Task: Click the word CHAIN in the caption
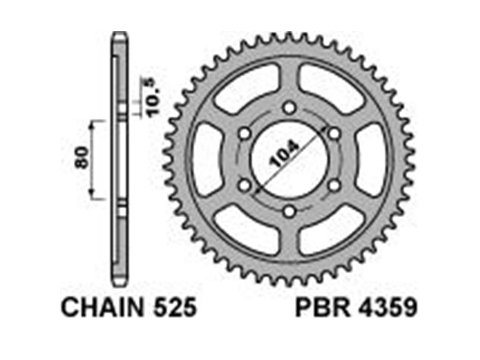[x=102, y=307]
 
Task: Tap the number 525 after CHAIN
[x=175, y=307]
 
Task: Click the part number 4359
[x=388, y=307]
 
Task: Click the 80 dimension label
[x=82, y=157]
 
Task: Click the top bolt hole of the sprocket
[x=289, y=108]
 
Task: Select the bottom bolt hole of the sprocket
[x=289, y=211]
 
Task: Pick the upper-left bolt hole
[x=244, y=133]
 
